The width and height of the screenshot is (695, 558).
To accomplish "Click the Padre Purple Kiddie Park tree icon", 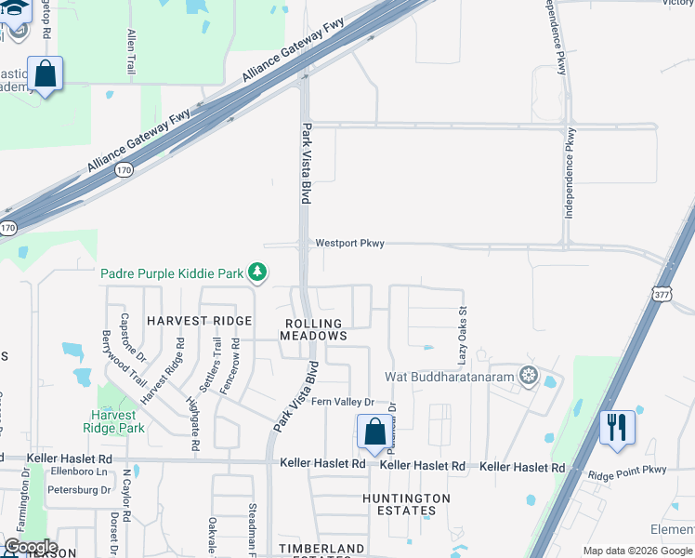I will pyautogui.click(x=257, y=272).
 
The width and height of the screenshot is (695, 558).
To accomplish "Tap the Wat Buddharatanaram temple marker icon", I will pyautogui.click(x=529, y=377).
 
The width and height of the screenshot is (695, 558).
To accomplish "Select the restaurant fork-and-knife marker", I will pyautogui.click(x=617, y=428).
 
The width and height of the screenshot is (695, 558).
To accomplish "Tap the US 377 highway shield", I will pyautogui.click(x=661, y=291).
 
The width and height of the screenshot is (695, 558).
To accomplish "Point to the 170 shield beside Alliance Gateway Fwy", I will pyautogui.click(x=124, y=170).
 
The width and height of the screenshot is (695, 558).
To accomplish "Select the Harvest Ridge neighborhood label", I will pyautogui.click(x=199, y=321).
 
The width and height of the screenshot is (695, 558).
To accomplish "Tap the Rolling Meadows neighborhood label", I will pyautogui.click(x=313, y=329).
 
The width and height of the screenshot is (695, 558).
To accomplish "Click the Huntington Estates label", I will pyautogui.click(x=405, y=504).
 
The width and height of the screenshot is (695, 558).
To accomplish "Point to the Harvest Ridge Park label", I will pyautogui.click(x=118, y=421).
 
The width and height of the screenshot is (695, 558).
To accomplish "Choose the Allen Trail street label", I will pyautogui.click(x=130, y=52).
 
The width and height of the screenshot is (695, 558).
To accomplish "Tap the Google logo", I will pyautogui.click(x=31, y=547).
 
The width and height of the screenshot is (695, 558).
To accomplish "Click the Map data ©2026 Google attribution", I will pyautogui.click(x=637, y=551).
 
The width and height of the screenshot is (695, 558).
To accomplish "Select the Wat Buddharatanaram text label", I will pyautogui.click(x=450, y=378).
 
